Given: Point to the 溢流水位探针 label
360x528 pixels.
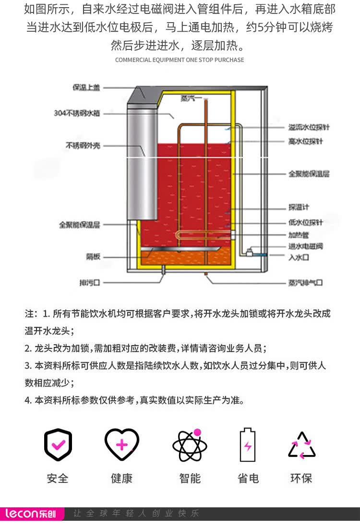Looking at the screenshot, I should (309, 127).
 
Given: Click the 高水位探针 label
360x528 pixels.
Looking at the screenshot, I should (305, 141).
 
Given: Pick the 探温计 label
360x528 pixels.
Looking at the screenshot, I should (299, 208).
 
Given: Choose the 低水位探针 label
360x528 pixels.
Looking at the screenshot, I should (305, 222).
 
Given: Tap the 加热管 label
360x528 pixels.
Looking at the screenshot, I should (298, 235).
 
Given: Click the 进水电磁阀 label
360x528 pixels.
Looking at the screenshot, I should (305, 246).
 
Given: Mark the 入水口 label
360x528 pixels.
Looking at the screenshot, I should (298, 258).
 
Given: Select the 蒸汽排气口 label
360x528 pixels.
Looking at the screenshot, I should (305, 282).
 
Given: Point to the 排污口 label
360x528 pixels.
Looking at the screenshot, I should (89, 282).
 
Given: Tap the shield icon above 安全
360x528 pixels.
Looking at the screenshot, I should (58, 445).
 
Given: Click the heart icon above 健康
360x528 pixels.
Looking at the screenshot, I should (122, 444).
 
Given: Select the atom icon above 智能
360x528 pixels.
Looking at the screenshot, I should (190, 445).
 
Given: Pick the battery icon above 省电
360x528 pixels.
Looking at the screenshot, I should (248, 444).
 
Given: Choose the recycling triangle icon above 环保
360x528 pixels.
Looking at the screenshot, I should (302, 445).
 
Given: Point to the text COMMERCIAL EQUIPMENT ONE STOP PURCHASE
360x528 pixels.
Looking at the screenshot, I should (180, 60).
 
